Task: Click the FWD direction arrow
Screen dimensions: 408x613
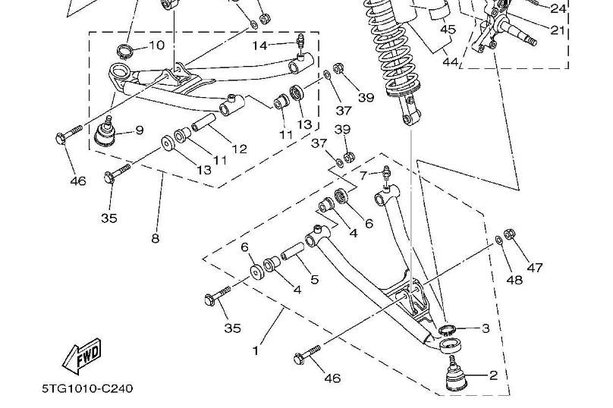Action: (83, 357)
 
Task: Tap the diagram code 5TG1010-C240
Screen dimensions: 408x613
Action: (87, 389)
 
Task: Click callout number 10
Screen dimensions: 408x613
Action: (156, 46)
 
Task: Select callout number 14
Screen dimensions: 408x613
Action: (260, 46)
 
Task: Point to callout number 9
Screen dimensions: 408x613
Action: (139, 130)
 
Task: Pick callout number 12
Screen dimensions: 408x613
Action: (240, 149)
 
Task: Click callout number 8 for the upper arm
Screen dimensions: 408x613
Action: (155, 238)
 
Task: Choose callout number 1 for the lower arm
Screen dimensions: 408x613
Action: (256, 351)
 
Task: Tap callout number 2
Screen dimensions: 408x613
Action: (493, 375)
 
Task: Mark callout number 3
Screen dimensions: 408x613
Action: (486, 328)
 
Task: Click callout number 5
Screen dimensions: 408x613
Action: (314, 279)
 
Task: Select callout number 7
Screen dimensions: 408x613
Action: (363, 175)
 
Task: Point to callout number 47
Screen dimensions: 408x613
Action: (536, 267)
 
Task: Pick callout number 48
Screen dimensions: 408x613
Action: (515, 280)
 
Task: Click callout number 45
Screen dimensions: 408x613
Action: (448, 30)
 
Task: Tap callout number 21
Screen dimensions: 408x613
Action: (558, 30)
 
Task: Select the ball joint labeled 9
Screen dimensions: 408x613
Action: (105, 133)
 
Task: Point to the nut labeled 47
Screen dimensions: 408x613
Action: (510, 234)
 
